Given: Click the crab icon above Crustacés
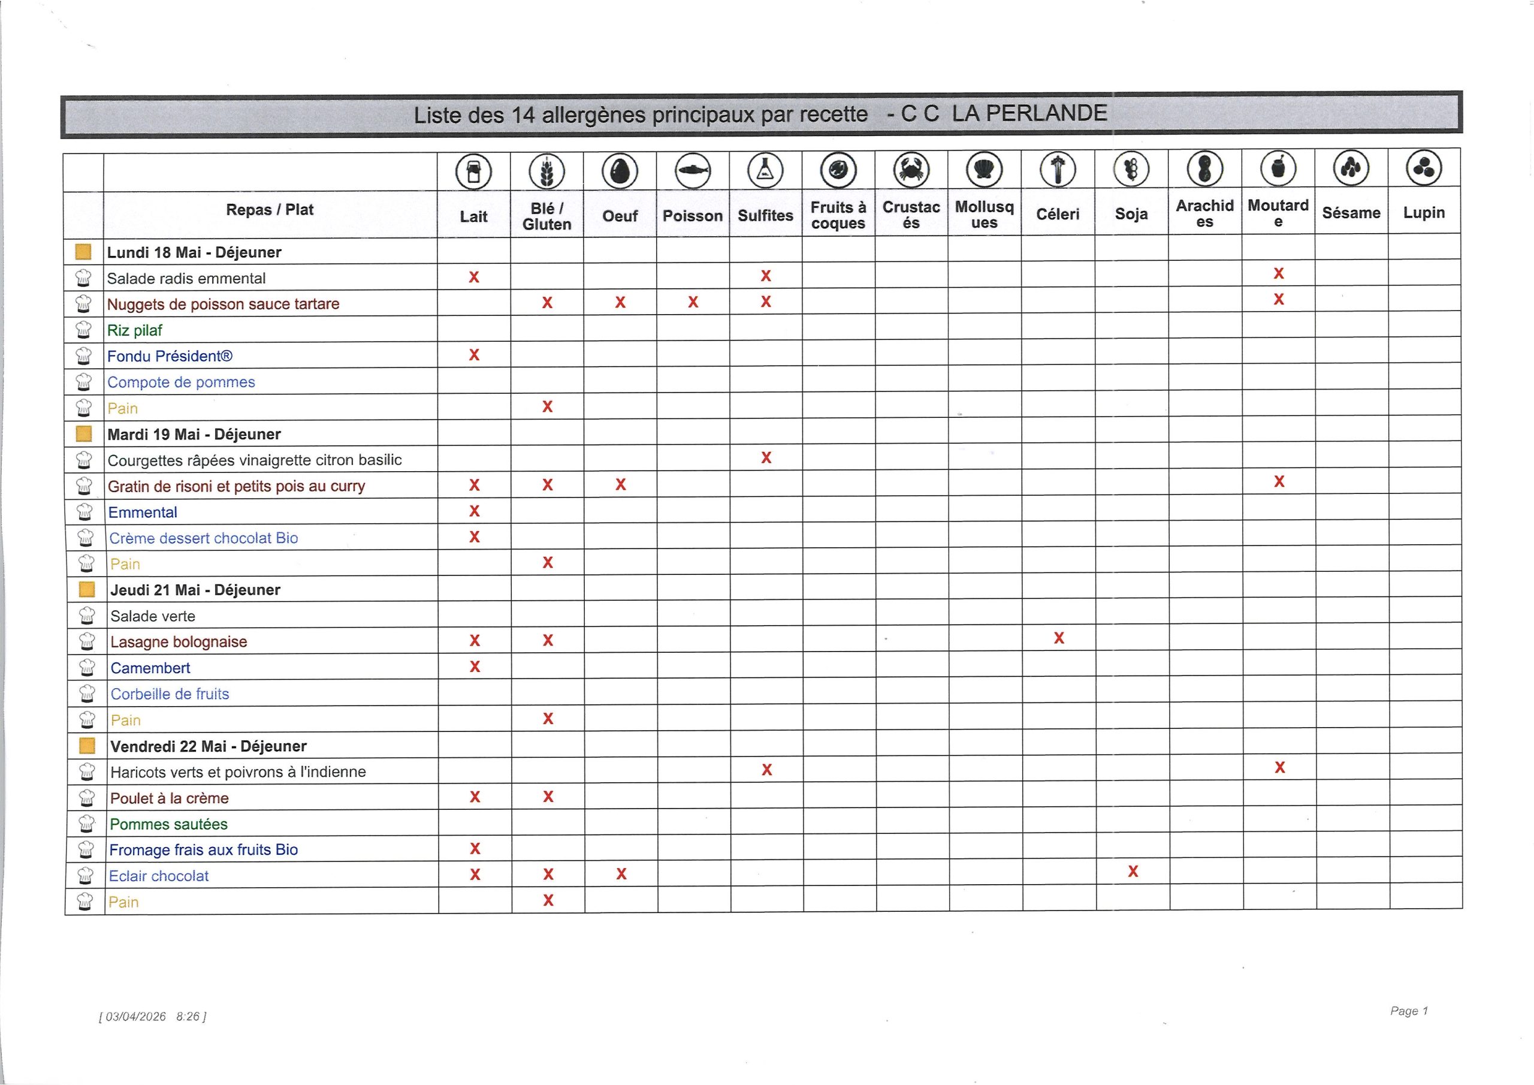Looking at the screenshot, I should [911, 170].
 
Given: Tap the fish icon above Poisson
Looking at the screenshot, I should [693, 170].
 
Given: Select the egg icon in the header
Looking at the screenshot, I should [620, 171].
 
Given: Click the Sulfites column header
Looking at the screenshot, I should [766, 215].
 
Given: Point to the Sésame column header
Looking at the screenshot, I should [1351, 213].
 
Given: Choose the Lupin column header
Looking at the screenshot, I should [1424, 213].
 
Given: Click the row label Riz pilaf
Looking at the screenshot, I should [135, 330].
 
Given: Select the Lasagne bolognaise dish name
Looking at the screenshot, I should [179, 642].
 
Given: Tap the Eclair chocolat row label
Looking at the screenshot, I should [159, 876].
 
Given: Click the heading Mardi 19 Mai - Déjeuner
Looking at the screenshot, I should [194, 435].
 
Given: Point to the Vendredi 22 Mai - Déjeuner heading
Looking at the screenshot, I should [209, 746].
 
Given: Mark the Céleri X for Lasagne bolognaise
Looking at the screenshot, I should [1059, 638].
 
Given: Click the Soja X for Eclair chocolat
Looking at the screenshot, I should [1133, 872].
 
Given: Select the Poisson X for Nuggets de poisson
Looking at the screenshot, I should [693, 302].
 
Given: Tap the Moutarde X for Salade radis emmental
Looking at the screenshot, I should [1279, 273].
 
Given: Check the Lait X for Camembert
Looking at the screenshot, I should [475, 667].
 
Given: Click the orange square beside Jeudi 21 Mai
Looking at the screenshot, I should [87, 590].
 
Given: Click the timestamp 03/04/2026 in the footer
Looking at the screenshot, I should [135, 1017].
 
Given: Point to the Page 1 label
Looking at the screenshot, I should [1408, 1011].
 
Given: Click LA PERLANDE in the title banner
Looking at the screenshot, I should [1029, 113].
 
